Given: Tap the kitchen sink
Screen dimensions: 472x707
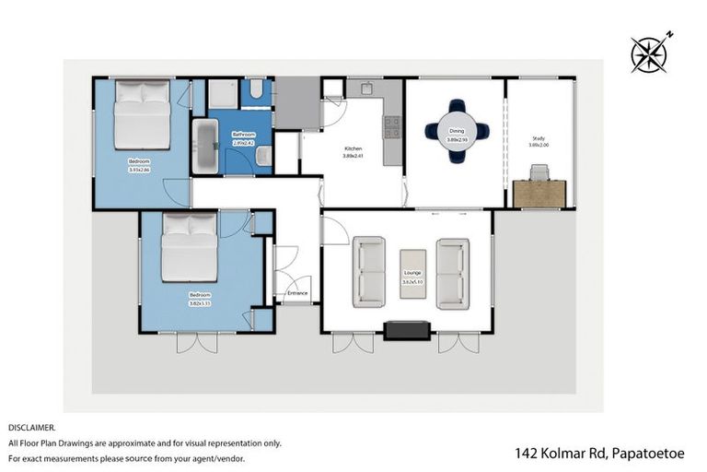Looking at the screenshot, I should tap(365, 88).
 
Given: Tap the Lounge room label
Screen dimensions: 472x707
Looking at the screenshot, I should tap(411, 272).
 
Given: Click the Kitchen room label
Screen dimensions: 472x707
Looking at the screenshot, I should tap(353, 148).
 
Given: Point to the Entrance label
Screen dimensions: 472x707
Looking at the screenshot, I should tap(297, 293).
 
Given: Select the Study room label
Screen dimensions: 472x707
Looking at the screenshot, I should tap(539, 139).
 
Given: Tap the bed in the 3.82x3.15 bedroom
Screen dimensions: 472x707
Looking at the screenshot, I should tap(190, 246).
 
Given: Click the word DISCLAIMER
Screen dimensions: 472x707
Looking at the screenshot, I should tap(32, 428).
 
